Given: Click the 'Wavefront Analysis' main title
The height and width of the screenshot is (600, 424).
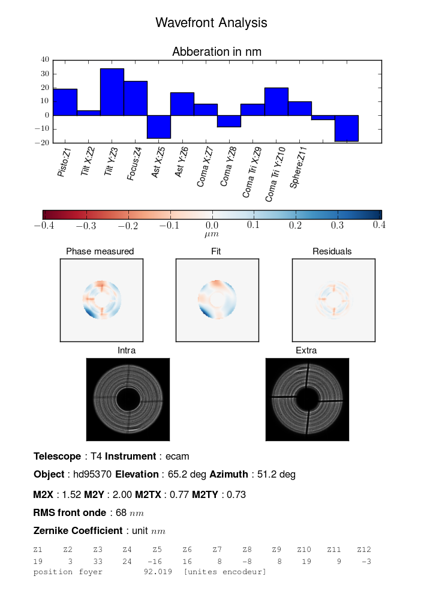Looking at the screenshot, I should click(211, 23).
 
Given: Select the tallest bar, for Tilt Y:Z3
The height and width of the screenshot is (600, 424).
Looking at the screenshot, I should click(112, 92).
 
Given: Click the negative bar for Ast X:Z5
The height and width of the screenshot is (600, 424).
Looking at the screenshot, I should click(159, 127).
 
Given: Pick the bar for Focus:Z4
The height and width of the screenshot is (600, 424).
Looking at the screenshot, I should click(136, 98).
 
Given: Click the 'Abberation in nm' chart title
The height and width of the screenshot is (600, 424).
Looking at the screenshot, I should click(216, 52).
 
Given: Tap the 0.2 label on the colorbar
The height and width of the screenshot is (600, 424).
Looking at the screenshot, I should click(295, 225).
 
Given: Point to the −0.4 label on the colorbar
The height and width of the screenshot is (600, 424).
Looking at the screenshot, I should click(43, 225).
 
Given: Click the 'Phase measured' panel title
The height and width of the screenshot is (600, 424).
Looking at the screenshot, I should click(100, 251).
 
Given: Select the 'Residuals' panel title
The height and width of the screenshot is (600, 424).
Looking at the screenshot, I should click(332, 251).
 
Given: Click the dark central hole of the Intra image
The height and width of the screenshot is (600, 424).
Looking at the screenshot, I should click(128, 399).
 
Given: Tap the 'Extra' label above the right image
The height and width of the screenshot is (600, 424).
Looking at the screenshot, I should click(306, 350).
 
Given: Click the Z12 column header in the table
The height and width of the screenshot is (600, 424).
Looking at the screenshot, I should click(364, 550).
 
